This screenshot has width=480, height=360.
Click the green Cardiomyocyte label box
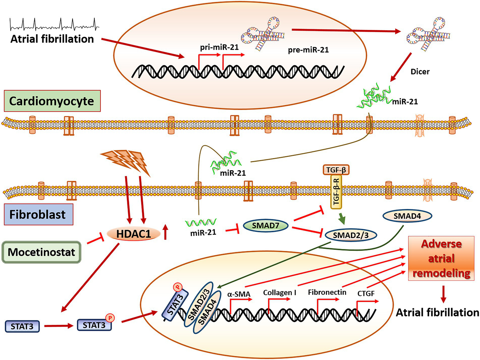point(52,101)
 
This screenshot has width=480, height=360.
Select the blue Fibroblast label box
point(38,215)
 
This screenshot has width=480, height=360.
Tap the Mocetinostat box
point(41,252)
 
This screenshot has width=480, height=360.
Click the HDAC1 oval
point(134,233)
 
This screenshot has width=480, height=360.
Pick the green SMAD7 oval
point(265,225)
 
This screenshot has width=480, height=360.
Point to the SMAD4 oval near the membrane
point(407,216)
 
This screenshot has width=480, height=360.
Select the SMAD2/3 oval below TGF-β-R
point(351,235)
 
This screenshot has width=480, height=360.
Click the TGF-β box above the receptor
point(336,170)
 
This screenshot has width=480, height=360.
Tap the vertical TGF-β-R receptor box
point(336,192)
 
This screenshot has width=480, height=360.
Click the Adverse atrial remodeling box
point(441,258)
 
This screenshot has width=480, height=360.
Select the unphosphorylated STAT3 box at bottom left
point(22,327)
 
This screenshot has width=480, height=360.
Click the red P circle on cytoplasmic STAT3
point(110,318)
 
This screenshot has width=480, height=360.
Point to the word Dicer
point(420,72)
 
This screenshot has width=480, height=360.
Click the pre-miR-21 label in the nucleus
point(308,50)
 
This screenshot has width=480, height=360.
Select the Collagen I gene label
point(279,293)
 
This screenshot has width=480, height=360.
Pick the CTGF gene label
point(366,294)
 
